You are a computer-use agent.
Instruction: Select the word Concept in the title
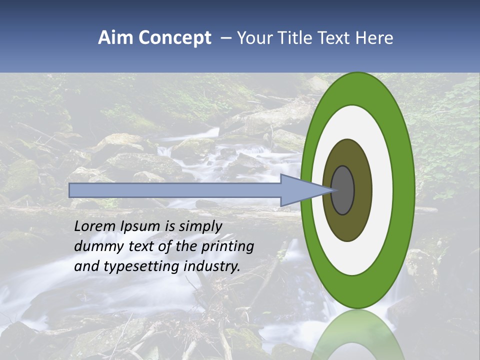[175, 38]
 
